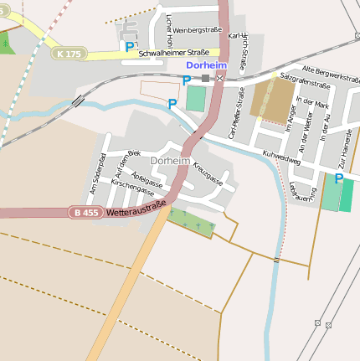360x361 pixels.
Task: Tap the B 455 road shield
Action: coord(85,213)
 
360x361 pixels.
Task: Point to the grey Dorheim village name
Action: coord(170,160)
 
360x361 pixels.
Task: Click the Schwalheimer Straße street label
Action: coord(173,52)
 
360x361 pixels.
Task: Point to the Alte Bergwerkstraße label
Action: coord(331,72)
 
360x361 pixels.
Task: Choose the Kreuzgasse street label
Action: coord(208,173)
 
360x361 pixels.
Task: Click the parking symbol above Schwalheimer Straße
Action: coord(129,47)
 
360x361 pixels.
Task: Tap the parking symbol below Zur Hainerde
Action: coord(338,178)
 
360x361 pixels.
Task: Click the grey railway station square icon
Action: coord(206,78)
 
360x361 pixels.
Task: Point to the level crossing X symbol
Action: coord(219,78)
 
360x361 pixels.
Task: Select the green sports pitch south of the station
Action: coord(195,98)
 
